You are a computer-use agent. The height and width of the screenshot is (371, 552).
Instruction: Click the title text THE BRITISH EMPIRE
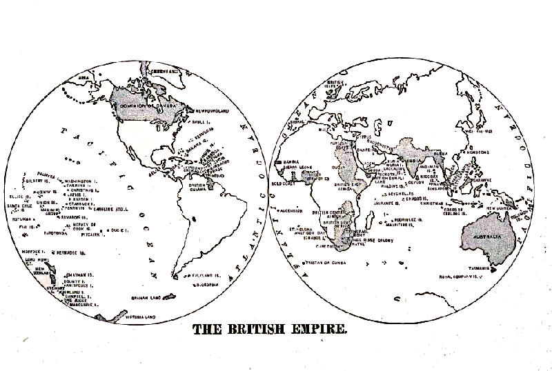click(270, 330)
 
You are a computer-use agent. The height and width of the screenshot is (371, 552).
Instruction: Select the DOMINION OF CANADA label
click(143, 106)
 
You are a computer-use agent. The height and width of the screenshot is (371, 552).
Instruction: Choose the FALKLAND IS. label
click(206, 274)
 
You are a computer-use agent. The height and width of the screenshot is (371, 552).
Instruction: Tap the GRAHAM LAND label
click(146, 298)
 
